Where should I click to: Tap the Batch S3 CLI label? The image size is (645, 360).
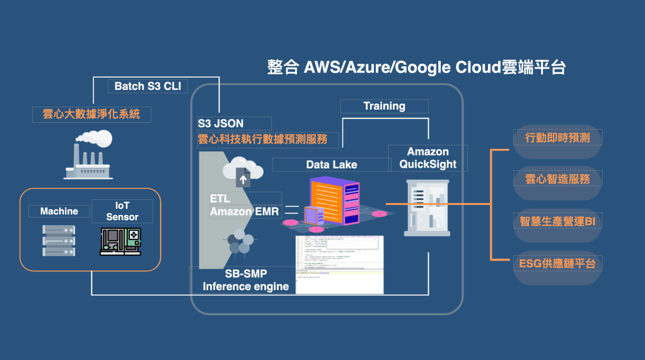click(x=148, y=86)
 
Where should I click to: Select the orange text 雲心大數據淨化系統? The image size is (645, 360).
click(x=91, y=114)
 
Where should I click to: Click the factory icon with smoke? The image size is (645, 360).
click(x=88, y=155)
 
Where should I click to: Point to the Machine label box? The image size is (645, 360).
click(x=59, y=211)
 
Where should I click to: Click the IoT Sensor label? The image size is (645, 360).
click(x=122, y=211)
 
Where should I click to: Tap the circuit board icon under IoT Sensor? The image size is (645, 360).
click(x=122, y=240)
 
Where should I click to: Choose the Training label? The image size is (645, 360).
click(x=384, y=106)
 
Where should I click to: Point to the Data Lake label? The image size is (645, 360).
click(x=332, y=165)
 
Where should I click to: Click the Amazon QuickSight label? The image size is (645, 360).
click(x=428, y=158)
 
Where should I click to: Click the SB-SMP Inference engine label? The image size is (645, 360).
click(x=246, y=281)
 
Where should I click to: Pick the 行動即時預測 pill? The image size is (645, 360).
click(x=553, y=137)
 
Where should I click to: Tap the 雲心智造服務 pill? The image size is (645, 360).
click(x=553, y=179)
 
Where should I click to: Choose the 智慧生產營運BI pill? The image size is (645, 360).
click(x=553, y=221)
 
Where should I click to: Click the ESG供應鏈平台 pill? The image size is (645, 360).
click(x=553, y=263)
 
